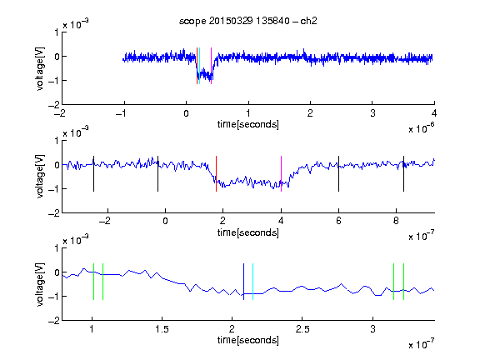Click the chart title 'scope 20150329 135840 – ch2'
tap(248, 21)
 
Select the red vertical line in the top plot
tap(197, 66)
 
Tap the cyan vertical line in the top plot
tap(199, 66)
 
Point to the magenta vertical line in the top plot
tap(211, 66)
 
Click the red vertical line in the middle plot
tap(216, 174)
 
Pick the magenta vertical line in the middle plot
tap(282, 174)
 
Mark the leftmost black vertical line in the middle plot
tap(93, 174)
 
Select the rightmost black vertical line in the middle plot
tap(403, 174)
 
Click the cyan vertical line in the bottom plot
tap(252, 282)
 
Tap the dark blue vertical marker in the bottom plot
tap(243, 282)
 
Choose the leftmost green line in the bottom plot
tap(93, 282)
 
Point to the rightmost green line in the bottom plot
tap(404, 282)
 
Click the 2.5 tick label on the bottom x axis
tap(302, 329)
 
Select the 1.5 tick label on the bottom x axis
tap(162, 329)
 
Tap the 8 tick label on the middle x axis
tap(396, 221)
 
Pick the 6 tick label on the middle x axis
tap(338, 221)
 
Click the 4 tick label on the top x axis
tap(434, 113)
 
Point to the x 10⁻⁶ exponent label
tap(422, 128)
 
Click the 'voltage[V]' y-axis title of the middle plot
tap(40, 177)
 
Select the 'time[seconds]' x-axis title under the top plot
tap(248, 124)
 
